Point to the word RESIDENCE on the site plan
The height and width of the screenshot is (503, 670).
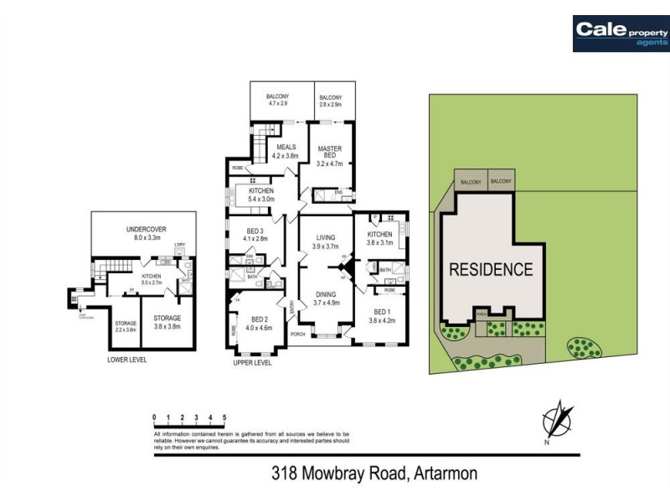pyautogui.click(x=491, y=270)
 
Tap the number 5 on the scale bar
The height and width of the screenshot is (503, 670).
pyautogui.click(x=224, y=417)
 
